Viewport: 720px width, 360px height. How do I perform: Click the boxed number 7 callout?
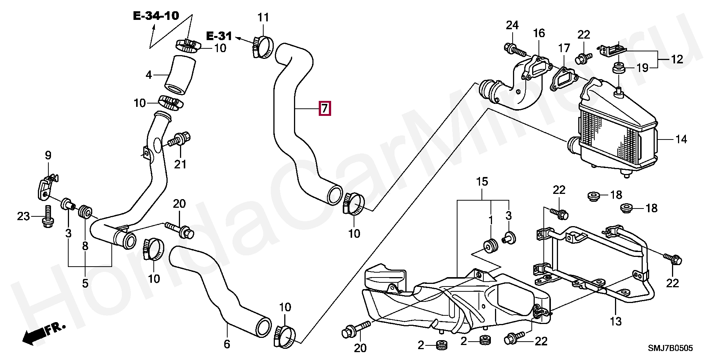pos(324,108)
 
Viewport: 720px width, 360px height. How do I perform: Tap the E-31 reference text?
pos(219,36)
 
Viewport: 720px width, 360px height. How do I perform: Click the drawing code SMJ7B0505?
pos(671,348)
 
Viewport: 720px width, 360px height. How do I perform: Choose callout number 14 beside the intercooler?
pos(681,139)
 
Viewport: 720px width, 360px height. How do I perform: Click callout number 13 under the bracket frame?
pos(616,321)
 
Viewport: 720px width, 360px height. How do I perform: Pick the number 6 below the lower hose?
pos(227,344)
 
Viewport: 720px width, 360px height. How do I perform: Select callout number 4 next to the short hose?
pos(149,75)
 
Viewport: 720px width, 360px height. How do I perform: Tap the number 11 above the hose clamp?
pos(263,17)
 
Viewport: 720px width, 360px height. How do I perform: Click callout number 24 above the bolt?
pos(512,25)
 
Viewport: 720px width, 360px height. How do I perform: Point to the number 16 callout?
pos(539,33)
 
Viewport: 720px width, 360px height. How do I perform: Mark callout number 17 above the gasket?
pos(564,48)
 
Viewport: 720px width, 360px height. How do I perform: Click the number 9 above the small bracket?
pos(48,155)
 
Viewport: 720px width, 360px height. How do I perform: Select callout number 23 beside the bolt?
pos(23,216)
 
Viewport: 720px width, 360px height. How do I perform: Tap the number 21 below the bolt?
pos(180,164)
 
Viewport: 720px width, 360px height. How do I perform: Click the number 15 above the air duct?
pos(482,182)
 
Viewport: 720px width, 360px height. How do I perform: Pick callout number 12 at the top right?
pos(677,59)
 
